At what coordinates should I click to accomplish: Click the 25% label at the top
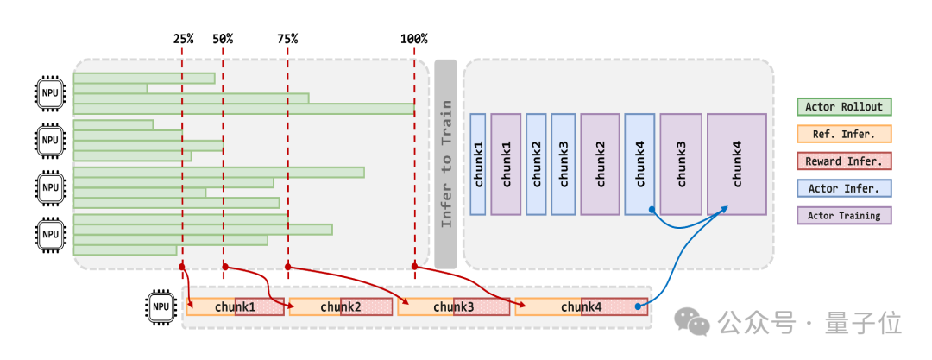(183, 39)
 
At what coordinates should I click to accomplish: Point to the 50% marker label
(223, 39)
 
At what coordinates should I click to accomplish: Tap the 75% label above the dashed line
(287, 39)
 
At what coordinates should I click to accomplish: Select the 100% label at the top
(414, 39)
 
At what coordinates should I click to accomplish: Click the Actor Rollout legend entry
(843, 107)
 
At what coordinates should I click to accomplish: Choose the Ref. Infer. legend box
(843, 134)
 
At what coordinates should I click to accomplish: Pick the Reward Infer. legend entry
(843, 161)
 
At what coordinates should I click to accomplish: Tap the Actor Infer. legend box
(843, 188)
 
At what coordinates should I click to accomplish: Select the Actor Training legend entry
(843, 215)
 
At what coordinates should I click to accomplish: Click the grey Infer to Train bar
(445, 164)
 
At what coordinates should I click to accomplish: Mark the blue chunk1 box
(478, 164)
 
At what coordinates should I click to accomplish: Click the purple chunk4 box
(736, 164)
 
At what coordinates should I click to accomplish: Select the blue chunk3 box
(563, 164)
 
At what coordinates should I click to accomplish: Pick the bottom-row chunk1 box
(235, 306)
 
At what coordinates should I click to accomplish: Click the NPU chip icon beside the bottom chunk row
(161, 306)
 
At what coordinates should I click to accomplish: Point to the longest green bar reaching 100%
(244, 109)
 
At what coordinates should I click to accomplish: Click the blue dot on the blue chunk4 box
(652, 209)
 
